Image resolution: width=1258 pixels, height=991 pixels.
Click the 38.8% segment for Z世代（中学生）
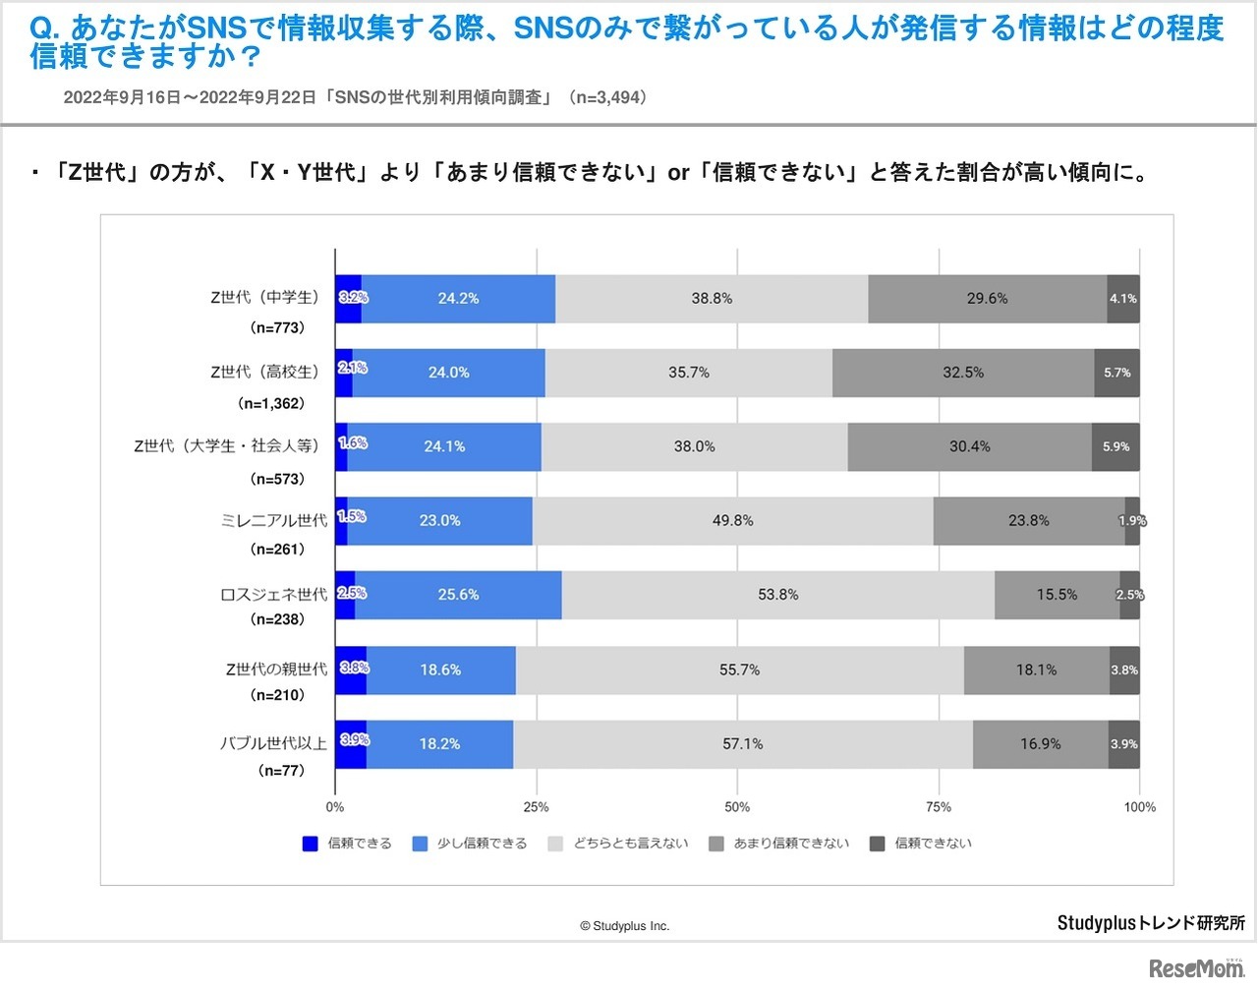pyautogui.click(x=712, y=299)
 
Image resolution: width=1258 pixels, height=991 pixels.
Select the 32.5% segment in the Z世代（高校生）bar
pyautogui.click(x=963, y=373)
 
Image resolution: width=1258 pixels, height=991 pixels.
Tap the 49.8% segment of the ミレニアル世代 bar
pyautogui.click(x=733, y=521)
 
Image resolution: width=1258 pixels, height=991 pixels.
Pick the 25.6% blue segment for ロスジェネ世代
pyautogui.click(x=458, y=595)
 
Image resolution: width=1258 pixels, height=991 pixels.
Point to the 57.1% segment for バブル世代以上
pyautogui.click(x=743, y=744)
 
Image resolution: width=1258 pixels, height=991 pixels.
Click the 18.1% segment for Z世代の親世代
pyautogui.click(x=1037, y=670)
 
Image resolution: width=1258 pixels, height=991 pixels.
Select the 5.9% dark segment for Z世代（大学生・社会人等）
pyautogui.click(x=1115, y=447)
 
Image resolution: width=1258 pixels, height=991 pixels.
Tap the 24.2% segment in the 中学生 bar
pyautogui.click(x=458, y=299)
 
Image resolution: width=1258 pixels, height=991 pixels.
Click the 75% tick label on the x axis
pyautogui.click(x=939, y=808)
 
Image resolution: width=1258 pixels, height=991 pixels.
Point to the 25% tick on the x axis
pyautogui.click(x=537, y=808)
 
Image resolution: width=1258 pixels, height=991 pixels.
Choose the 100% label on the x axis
pyautogui.click(x=1140, y=808)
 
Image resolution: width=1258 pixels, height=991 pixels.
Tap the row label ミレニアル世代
pyautogui.click(x=274, y=521)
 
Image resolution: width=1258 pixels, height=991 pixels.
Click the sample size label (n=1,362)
pyautogui.click(x=271, y=404)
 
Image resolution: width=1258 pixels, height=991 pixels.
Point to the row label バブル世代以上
pyautogui.click(x=273, y=744)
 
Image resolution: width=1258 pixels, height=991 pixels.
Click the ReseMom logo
pyautogui.click(x=1196, y=967)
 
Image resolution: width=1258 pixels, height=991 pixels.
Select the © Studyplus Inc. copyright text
pyautogui.click(x=624, y=926)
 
